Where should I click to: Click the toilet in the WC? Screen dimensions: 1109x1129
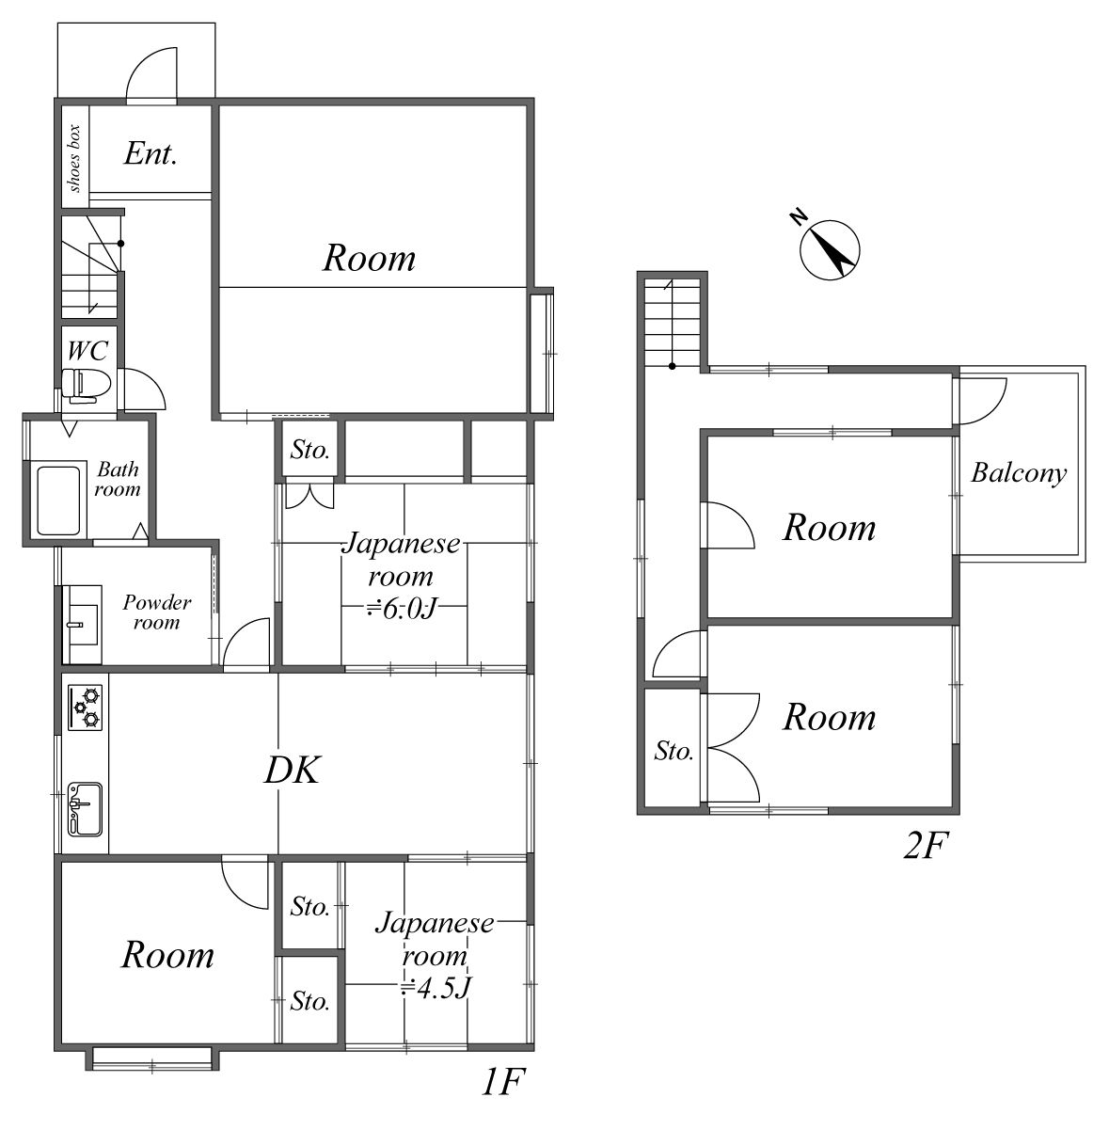pyautogui.click(x=87, y=386)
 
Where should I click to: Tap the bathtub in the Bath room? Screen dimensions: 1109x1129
pyautogui.click(x=58, y=500)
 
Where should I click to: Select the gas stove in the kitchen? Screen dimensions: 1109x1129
pyautogui.click(x=85, y=708)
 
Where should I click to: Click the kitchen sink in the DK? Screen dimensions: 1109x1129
pyautogui.click(x=85, y=809)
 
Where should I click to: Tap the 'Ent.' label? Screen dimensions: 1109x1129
pyautogui.click(x=151, y=154)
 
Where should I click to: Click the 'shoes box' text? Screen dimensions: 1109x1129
pyautogui.click(x=75, y=158)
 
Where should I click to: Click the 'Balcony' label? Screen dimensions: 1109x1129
pyautogui.click(x=1018, y=473)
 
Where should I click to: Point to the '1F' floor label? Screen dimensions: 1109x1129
pyautogui.click(x=502, y=1082)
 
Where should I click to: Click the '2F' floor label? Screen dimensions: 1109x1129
pyautogui.click(x=925, y=845)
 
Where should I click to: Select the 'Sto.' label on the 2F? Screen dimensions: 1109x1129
pyautogui.click(x=673, y=751)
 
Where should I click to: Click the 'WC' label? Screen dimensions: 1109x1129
pyautogui.click(x=87, y=351)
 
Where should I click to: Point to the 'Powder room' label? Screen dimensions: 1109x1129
pyautogui.click(x=156, y=612)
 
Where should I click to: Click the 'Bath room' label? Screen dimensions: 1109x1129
pyautogui.click(x=118, y=479)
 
